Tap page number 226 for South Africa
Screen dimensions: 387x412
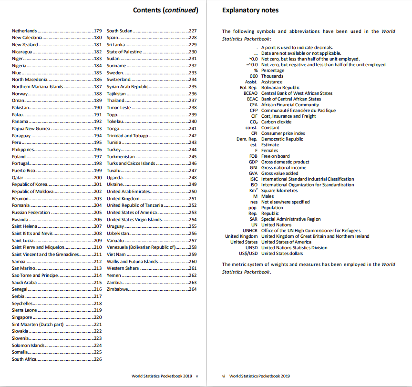click(x=98, y=359)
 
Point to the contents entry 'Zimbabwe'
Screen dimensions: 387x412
click(x=117, y=289)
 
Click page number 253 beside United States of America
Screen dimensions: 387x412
click(x=193, y=213)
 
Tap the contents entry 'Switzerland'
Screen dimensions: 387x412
click(x=119, y=80)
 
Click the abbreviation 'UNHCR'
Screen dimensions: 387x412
click(x=250, y=231)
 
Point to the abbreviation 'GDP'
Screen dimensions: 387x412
click(x=253, y=162)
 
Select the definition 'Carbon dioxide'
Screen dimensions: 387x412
click(x=276, y=122)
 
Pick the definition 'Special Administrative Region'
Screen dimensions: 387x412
click(x=291, y=219)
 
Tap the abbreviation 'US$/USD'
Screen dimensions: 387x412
click(x=248, y=254)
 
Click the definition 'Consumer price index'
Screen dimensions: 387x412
click(x=283, y=133)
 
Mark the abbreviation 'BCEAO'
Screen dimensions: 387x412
click(x=250, y=93)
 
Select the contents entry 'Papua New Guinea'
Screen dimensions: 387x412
click(x=31, y=129)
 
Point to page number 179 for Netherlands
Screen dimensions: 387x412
click(x=98, y=31)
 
